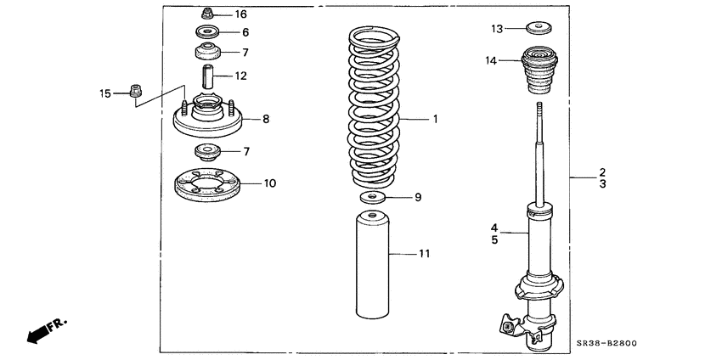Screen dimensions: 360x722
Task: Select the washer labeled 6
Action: click(206, 33)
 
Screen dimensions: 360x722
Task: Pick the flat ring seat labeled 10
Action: click(206, 185)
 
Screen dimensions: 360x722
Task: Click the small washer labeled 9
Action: click(371, 199)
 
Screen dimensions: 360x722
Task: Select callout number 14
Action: click(491, 60)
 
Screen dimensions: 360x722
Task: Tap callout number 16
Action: click(241, 14)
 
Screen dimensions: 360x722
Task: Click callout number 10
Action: click(269, 183)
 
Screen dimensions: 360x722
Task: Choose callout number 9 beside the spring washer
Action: click(417, 198)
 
